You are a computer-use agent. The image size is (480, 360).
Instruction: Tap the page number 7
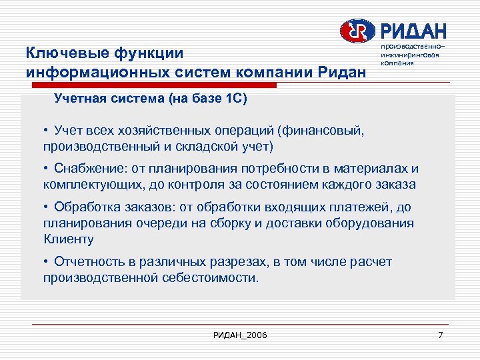click(441, 334)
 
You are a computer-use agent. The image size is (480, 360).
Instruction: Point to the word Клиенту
click(69, 238)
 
